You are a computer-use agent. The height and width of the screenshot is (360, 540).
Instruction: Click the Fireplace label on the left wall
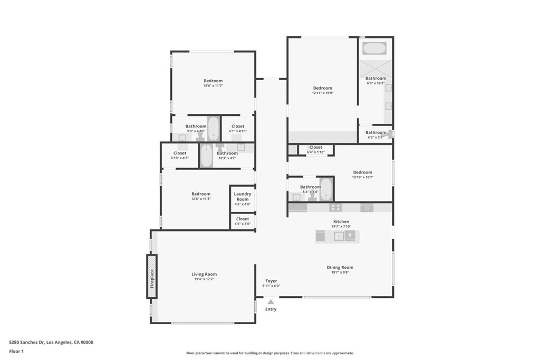point(152,278)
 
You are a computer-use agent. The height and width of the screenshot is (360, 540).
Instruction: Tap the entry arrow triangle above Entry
point(271,302)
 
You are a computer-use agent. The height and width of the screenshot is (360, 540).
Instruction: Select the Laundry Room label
point(243,197)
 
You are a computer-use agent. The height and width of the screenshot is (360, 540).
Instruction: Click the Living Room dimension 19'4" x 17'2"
point(204,279)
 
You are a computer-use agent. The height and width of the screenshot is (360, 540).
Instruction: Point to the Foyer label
point(271,281)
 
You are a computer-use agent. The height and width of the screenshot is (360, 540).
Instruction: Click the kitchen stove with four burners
point(335,208)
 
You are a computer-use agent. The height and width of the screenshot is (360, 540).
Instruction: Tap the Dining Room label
point(340,267)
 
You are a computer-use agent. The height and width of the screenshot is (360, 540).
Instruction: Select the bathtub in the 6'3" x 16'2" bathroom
point(374,48)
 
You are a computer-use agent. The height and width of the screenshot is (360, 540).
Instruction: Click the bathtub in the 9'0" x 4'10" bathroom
point(214,129)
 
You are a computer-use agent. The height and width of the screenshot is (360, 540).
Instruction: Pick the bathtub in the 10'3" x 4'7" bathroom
point(206,155)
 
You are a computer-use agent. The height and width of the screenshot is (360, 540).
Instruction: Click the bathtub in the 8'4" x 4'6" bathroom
point(325,189)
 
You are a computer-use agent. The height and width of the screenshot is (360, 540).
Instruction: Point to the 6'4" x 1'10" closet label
point(316,150)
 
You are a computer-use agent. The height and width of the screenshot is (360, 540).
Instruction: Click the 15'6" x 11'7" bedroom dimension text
point(213,86)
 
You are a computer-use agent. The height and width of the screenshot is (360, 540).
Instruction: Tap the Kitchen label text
point(341,222)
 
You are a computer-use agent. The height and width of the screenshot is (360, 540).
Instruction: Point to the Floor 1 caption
point(16,352)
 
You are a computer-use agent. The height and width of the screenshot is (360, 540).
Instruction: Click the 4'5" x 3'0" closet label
point(243,221)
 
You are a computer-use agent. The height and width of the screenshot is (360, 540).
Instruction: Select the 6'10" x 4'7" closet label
point(180,155)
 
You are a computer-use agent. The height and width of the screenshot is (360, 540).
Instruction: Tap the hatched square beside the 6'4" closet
point(293,149)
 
